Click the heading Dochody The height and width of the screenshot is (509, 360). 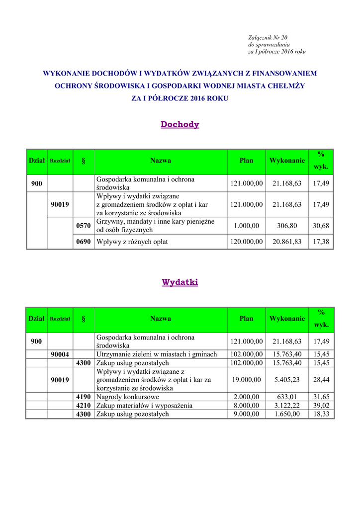180,125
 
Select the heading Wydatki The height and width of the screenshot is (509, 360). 180,282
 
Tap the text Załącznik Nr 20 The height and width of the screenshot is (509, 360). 268,38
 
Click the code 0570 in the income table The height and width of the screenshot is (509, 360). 83,226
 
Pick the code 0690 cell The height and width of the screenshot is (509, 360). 83,242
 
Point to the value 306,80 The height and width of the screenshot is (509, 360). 287,226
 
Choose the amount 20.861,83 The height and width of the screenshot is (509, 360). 287,242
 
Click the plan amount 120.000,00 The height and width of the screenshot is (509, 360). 246,242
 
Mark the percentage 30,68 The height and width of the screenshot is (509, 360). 321,226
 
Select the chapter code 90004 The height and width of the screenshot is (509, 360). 60,354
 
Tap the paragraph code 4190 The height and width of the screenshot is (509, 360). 83,397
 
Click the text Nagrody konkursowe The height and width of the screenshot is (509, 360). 128,397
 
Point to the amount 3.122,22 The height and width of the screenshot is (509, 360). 287,406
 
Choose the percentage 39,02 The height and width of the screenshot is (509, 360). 321,406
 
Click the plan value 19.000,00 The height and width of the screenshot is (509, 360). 246,380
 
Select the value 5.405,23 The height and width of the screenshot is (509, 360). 287,380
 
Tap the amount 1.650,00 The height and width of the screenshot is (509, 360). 287,414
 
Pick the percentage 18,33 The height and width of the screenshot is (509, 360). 321,414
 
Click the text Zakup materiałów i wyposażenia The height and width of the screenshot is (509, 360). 144,406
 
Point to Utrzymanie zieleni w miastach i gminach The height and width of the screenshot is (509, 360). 157,354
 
